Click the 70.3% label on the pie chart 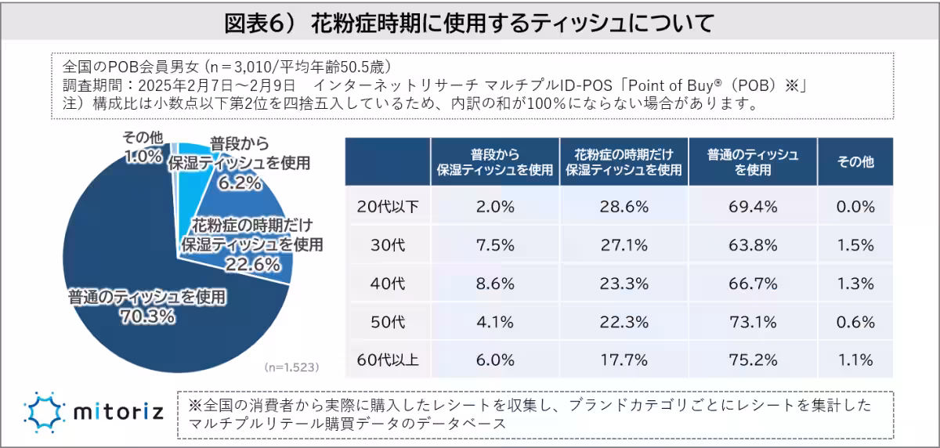click(x=147, y=316)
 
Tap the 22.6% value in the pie click(x=252, y=264)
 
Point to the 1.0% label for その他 click(x=143, y=156)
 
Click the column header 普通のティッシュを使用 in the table click(x=752, y=161)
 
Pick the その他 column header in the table click(x=855, y=161)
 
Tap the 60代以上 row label click(x=388, y=359)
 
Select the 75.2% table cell click(x=753, y=359)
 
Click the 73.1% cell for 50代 click(x=753, y=321)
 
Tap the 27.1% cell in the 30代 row click(x=624, y=244)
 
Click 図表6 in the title click(x=258, y=23)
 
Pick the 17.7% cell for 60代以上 click(x=624, y=359)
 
